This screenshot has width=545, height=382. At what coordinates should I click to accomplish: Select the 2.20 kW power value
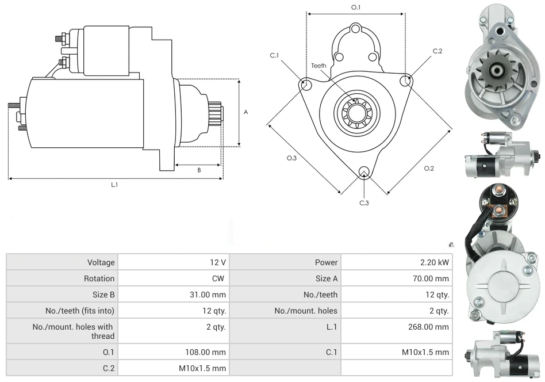(435, 262)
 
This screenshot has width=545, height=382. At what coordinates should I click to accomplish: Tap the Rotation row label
(99, 278)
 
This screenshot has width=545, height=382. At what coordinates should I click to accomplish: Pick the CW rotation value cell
(219, 278)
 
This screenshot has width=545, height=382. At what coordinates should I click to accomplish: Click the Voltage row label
(101, 262)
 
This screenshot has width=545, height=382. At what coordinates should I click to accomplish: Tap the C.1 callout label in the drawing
(274, 55)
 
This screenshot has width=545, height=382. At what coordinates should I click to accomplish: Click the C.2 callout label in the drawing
(437, 51)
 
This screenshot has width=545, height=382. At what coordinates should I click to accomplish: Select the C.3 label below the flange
(364, 203)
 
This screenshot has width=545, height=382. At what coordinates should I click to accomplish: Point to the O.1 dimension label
(356, 7)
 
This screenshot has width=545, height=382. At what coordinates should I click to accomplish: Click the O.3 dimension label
(291, 158)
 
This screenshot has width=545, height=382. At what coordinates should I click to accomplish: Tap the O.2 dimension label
(429, 168)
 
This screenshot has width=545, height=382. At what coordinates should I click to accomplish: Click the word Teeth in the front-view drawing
(318, 66)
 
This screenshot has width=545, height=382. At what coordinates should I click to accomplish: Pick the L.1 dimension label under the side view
(114, 185)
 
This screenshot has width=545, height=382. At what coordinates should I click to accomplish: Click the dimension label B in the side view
(199, 170)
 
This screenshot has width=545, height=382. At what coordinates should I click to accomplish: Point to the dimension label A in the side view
(245, 112)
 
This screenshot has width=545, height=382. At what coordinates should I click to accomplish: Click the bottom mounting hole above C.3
(363, 171)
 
